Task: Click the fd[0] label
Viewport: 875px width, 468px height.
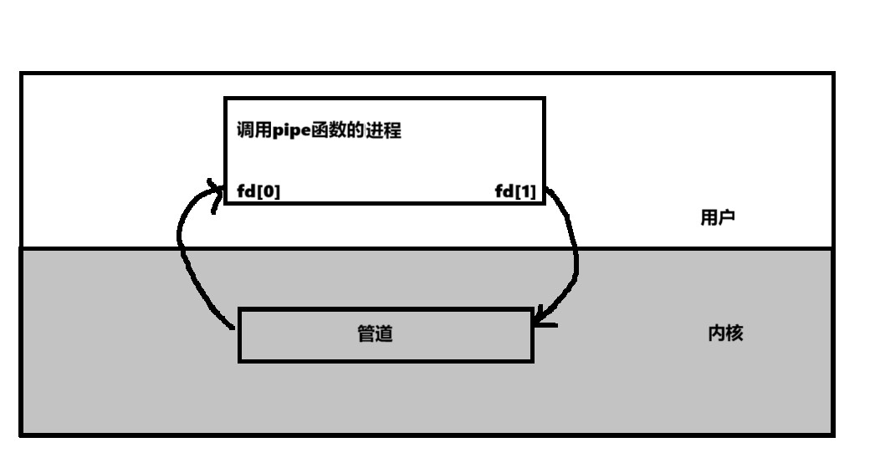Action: coord(259,192)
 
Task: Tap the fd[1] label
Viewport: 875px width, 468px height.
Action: coord(515,192)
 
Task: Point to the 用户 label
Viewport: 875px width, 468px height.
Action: coord(718,219)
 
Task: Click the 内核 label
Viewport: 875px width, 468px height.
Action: coord(725,333)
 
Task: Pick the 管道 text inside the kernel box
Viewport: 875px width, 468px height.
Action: coord(375,334)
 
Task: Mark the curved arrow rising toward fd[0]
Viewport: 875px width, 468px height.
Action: coord(182,251)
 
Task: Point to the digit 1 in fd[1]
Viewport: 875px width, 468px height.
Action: coord(526,192)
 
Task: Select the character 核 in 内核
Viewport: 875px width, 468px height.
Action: coord(734,333)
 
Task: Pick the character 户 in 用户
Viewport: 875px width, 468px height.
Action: coord(727,219)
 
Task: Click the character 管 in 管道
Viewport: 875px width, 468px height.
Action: coord(366,334)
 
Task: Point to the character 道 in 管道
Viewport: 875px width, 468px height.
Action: coord(384,334)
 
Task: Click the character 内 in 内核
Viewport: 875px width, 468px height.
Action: coord(716,333)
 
